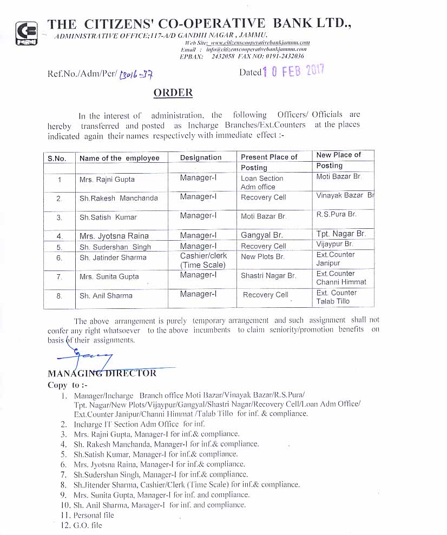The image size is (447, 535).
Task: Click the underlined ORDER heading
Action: click(x=173, y=93)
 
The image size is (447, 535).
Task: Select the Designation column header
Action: click(x=201, y=157)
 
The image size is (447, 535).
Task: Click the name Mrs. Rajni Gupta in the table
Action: click(x=107, y=179)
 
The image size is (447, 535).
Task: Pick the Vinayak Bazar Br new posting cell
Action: click(x=345, y=195)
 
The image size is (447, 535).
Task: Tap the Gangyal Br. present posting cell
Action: click(x=263, y=235)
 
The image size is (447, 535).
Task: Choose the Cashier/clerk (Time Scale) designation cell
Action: click(x=203, y=260)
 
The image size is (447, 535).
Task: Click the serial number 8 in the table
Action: click(x=60, y=296)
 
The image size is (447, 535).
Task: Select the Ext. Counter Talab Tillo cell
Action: click(x=336, y=296)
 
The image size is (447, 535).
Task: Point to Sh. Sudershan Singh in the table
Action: click(x=115, y=247)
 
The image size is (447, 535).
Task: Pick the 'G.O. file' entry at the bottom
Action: click(x=87, y=525)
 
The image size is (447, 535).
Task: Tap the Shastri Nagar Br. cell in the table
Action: click(x=268, y=276)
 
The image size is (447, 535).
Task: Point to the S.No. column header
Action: click(x=57, y=158)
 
